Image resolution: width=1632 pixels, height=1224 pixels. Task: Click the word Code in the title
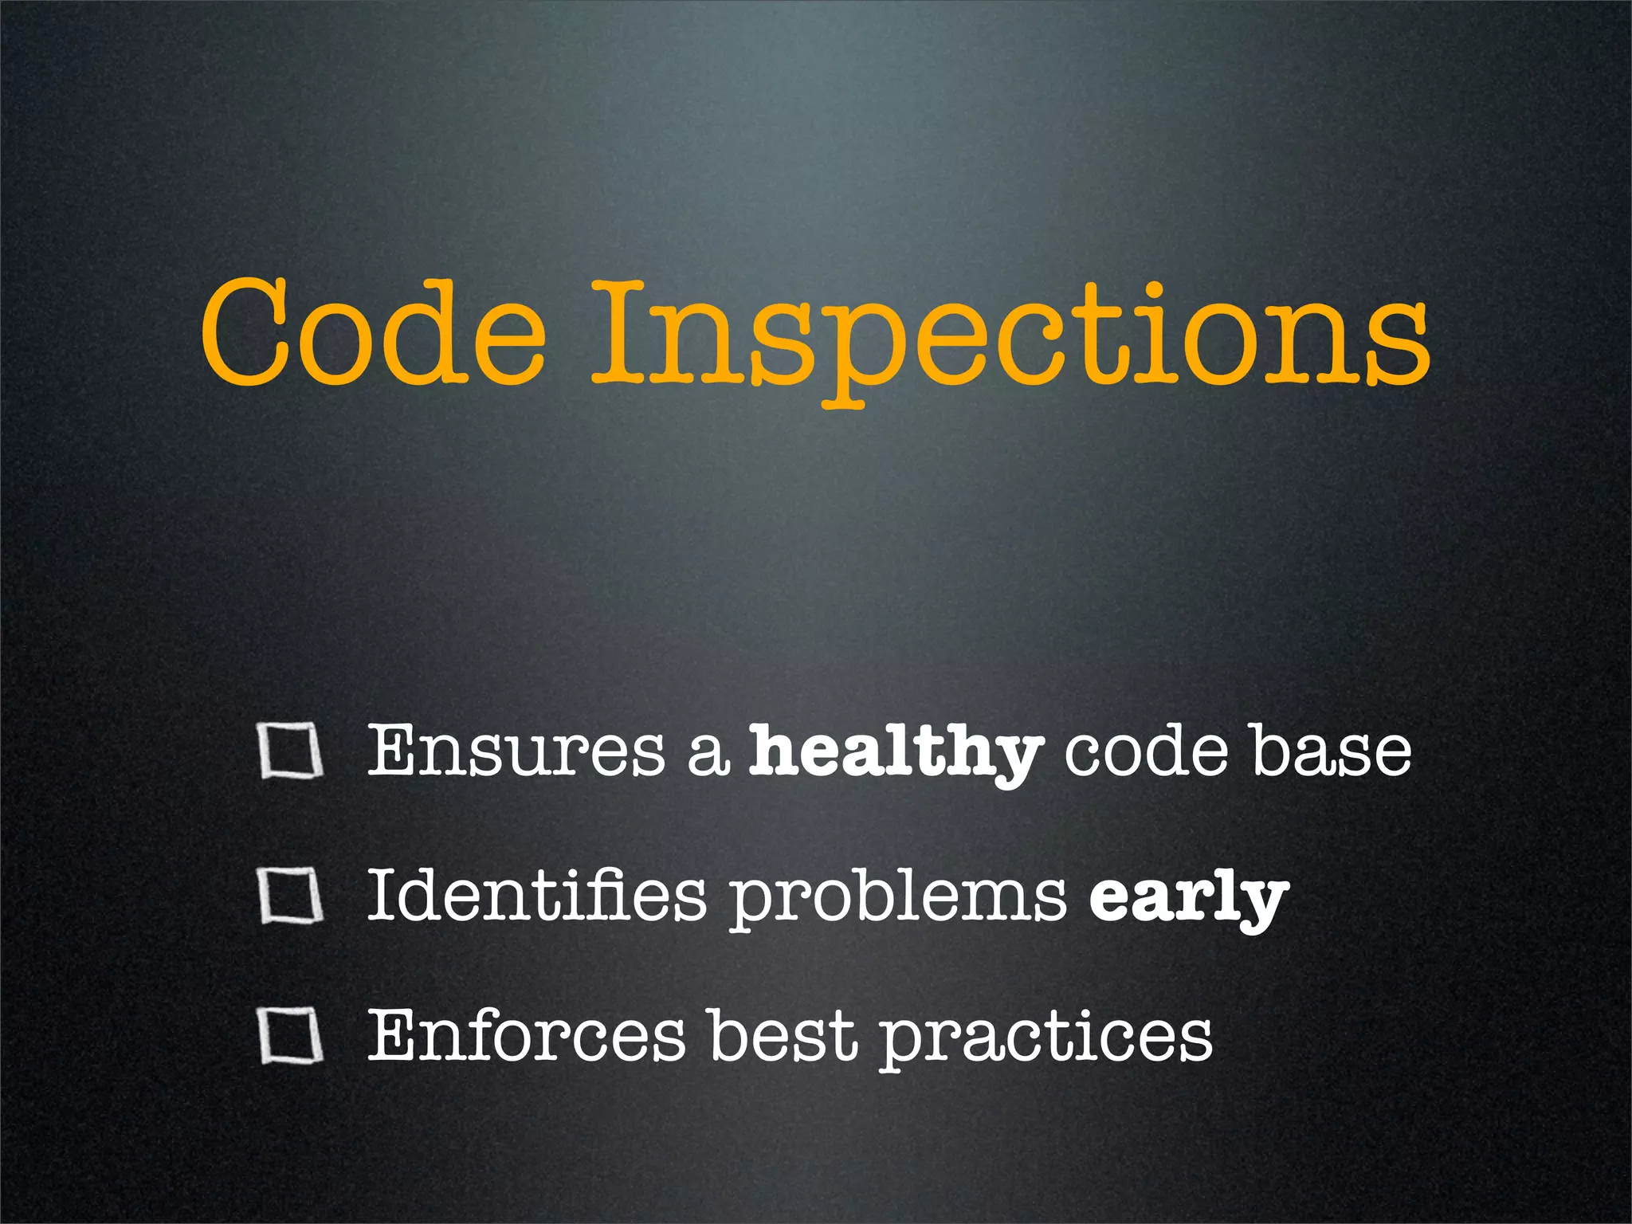(372, 332)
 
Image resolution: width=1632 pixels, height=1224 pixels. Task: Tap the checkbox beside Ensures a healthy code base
(291, 751)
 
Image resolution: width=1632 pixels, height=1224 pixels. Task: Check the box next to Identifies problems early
(291, 896)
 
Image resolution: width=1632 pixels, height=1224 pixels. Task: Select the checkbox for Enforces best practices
(291, 1037)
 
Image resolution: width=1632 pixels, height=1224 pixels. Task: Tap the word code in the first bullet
(1146, 751)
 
